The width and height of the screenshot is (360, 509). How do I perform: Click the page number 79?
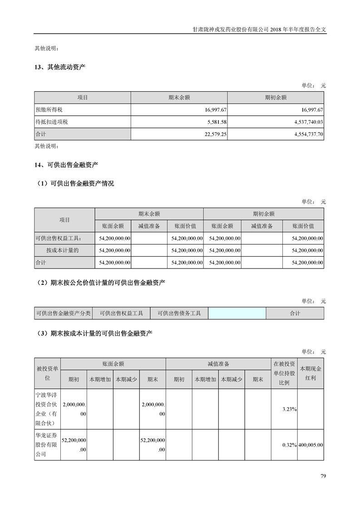[323, 476]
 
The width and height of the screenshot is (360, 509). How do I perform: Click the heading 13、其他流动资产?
[60, 68]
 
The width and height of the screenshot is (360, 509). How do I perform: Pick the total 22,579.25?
[214, 134]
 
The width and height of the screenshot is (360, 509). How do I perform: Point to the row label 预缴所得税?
[50, 110]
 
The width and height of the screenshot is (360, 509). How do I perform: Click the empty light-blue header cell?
[237, 313]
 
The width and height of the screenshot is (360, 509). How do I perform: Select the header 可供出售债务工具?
[179, 313]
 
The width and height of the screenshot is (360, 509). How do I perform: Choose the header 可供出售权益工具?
[121, 313]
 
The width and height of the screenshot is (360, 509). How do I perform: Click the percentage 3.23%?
[289, 409]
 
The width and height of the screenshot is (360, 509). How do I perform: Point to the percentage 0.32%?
[289, 445]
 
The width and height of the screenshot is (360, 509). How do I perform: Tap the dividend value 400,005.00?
[311, 445]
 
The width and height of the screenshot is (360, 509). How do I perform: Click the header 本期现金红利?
[311, 373]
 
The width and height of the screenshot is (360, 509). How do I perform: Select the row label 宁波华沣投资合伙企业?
[47, 409]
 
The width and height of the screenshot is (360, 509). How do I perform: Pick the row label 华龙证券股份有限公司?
[47, 445]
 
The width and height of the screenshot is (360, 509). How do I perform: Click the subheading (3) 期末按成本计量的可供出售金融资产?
[94, 333]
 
